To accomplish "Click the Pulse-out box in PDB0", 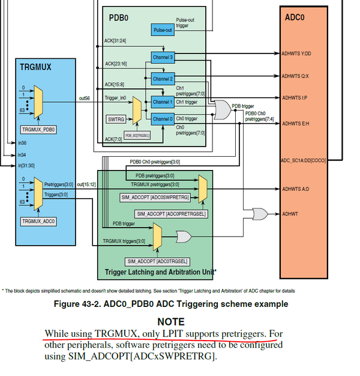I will tap(161, 29).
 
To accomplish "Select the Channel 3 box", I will tap(162, 57).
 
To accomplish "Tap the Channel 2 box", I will tap(162, 79).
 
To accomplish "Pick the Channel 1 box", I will tap(162, 102).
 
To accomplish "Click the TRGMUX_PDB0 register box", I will tap(38, 129).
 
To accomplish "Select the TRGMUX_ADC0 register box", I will tap(38, 221).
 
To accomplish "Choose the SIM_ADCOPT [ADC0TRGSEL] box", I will tap(158, 262).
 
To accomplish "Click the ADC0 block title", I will tap(295, 18).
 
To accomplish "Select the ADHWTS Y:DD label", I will tap(296, 53).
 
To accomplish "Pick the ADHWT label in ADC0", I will tap(290, 213).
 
